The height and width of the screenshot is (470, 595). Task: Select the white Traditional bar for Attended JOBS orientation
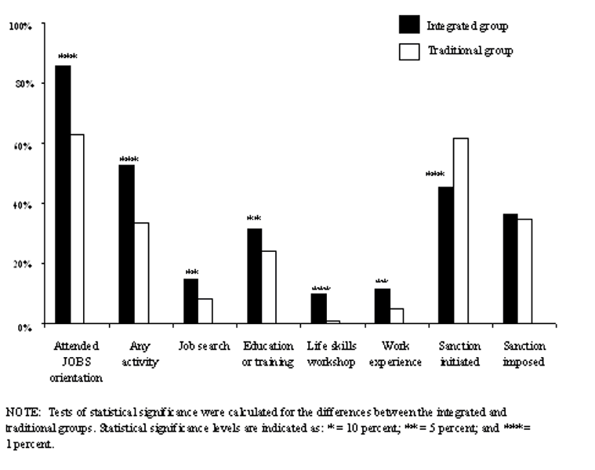[78, 228]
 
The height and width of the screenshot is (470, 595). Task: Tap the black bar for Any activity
[126, 243]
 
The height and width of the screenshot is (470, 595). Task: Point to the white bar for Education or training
[269, 286]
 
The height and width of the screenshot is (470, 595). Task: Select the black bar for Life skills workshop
[318, 308]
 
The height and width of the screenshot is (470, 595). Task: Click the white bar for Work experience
[397, 315]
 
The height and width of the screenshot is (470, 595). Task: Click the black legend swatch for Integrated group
[408, 25]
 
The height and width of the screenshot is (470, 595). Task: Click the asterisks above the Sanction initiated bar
[435, 175]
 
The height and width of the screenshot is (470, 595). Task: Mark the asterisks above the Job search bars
[192, 272]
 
